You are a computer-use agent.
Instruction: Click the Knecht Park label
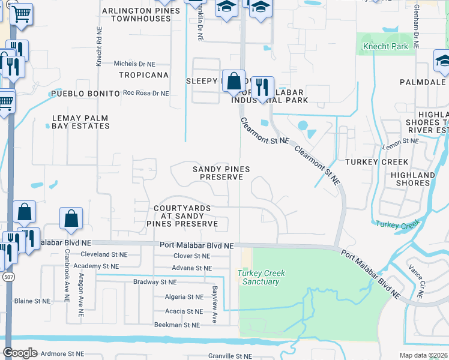(385, 46)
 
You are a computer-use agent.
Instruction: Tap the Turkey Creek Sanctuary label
(261, 277)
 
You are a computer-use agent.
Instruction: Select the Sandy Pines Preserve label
(221, 173)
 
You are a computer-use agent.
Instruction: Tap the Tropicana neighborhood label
(143, 75)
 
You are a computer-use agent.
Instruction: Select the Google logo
(20, 353)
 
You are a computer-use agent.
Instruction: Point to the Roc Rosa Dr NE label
(146, 93)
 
